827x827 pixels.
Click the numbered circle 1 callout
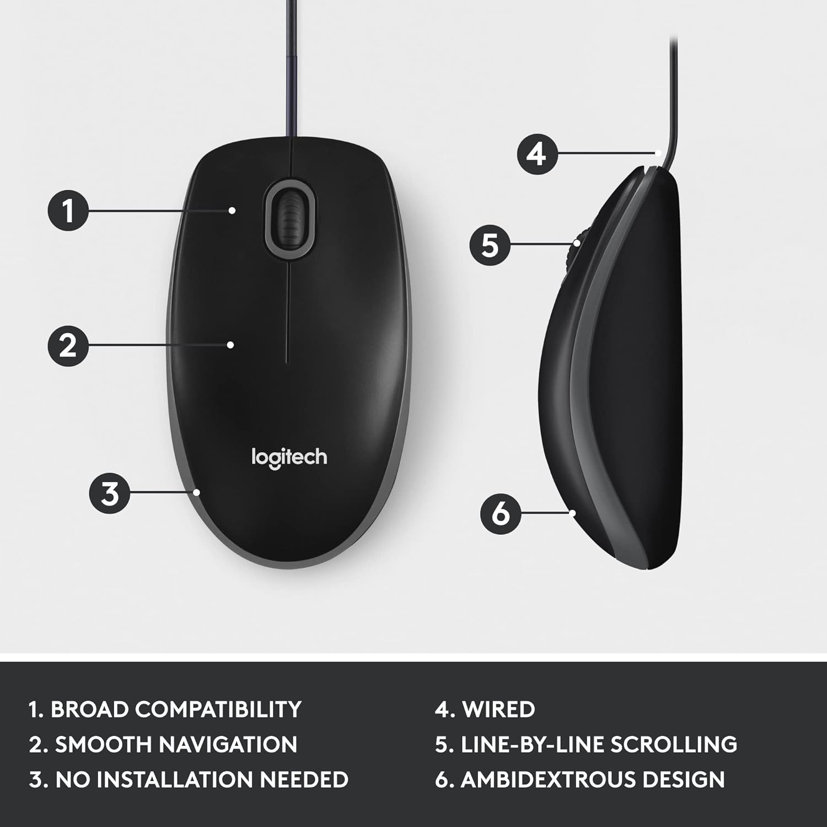pos(68,210)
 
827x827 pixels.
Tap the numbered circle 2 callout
pos(68,346)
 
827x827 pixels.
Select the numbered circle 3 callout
pos(110,493)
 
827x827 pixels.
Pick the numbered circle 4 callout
pos(538,154)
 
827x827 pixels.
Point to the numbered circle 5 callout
pos(490,244)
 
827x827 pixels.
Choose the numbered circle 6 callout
pos(501,513)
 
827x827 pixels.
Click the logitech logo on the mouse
pos(289,459)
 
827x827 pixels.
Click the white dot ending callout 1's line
pos(233,210)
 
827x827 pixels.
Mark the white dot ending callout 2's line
pos(231,345)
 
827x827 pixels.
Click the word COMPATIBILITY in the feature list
pos(219,710)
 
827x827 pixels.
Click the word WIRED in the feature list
pos(498,710)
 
